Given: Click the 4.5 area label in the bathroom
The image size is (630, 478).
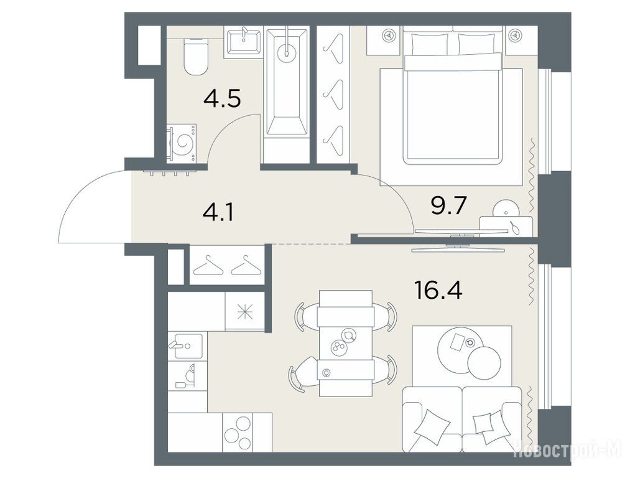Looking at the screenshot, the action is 222,98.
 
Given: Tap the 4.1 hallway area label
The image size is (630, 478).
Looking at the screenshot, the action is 218,213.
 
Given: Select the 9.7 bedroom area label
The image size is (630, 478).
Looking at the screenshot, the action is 448,207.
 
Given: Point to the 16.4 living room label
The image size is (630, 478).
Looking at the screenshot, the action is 438,290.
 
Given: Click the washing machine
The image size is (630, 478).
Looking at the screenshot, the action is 182,143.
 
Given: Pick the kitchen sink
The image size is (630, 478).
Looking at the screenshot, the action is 188,345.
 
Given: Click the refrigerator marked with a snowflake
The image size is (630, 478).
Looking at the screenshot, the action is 244,312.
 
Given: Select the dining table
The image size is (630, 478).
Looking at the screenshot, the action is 346,343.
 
